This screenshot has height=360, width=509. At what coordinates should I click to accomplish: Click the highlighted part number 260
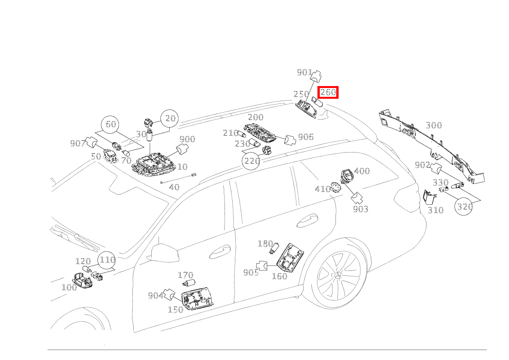tap(328, 92)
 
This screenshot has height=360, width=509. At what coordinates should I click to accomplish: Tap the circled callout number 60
tap(111, 124)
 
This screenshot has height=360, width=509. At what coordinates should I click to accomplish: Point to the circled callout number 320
tap(464, 206)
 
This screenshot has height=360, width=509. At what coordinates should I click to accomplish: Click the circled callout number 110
tap(107, 260)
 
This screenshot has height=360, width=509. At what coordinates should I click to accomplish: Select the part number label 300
tap(434, 125)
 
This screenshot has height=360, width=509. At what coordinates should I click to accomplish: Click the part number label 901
tap(304, 72)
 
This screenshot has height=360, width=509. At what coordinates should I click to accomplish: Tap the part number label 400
tap(362, 171)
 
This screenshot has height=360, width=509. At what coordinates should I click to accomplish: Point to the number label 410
tap(322, 189)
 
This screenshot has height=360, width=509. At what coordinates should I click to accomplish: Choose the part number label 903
tap(360, 209)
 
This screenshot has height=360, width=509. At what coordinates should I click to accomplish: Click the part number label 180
tap(265, 244)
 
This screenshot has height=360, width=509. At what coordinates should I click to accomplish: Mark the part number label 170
tap(185, 275)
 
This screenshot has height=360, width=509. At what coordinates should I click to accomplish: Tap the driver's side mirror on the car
tap(164, 252)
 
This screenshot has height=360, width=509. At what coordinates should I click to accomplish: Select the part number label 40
tap(174, 187)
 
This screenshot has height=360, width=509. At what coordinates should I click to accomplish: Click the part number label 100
tap(69, 287)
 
